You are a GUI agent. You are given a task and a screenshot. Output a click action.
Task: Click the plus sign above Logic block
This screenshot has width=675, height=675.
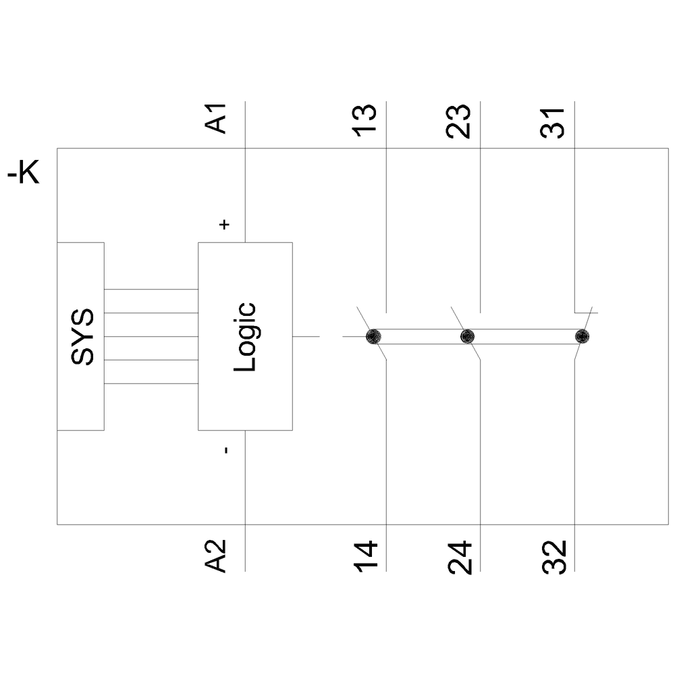[x=225, y=224]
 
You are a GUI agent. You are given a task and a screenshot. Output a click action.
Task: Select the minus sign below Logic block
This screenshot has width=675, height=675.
[x=225, y=450]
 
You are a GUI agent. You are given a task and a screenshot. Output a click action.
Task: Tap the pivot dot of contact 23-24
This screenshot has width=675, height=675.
[x=466, y=336]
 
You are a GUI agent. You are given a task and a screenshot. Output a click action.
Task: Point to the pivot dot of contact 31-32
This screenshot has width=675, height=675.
[x=581, y=336]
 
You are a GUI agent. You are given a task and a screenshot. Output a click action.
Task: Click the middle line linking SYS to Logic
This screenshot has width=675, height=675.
[x=151, y=336]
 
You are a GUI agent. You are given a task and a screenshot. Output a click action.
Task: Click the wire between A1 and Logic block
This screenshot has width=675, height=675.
[x=245, y=196]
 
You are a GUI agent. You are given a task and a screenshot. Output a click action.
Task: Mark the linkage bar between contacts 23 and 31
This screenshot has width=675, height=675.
[x=523, y=337]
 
